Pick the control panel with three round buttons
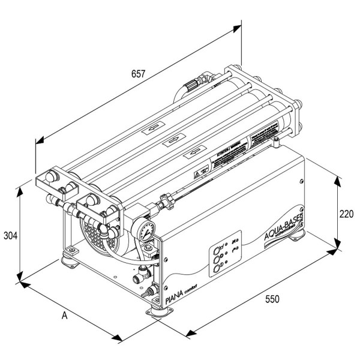pos(223,259)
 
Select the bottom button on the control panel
pos(217,269)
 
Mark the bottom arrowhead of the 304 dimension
pos(20,277)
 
